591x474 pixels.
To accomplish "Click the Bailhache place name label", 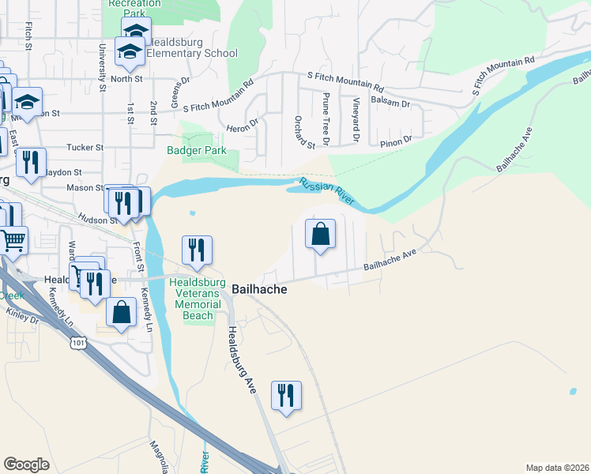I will point(258,290).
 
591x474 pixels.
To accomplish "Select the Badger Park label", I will point(196,150).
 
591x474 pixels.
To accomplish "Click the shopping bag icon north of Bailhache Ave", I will point(320,235).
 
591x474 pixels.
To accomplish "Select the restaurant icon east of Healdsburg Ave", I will point(286,396).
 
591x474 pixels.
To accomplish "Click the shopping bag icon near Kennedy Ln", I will point(122,312).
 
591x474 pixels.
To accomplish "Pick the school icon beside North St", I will point(129,54).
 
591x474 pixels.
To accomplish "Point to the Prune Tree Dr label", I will point(326,112).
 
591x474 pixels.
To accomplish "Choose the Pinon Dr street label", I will point(397,140).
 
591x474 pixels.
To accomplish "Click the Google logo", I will point(27,464).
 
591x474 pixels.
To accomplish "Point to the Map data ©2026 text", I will point(556,468).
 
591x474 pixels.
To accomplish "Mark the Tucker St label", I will point(85,147).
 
